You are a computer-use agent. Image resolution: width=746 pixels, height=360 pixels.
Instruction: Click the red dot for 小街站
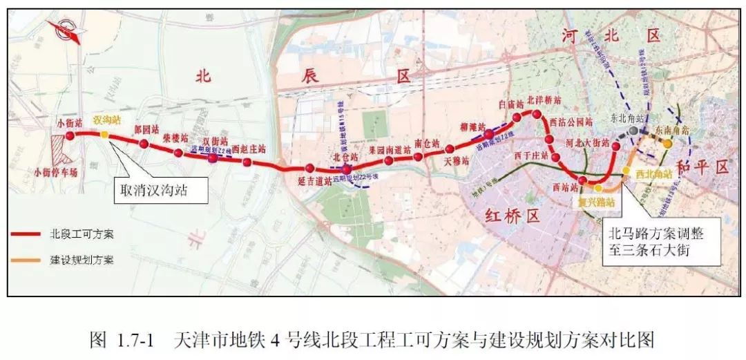(70, 133)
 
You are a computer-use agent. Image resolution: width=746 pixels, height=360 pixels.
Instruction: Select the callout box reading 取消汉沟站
(162, 187)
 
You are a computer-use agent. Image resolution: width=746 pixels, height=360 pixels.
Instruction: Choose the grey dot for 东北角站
(633, 130)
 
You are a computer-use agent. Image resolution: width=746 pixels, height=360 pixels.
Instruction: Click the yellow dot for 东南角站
(668, 144)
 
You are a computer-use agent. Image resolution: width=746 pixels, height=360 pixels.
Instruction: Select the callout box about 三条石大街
(661, 240)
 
